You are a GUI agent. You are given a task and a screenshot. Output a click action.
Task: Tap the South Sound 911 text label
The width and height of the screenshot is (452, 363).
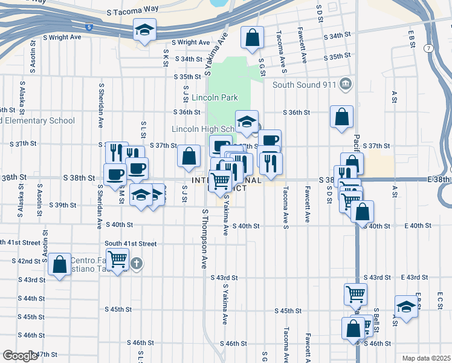click(303, 85)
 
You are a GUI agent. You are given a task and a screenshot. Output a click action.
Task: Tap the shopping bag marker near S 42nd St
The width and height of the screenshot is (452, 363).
click(59, 265)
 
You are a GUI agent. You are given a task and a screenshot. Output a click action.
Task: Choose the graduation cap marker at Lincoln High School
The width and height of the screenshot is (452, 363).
click(247, 122)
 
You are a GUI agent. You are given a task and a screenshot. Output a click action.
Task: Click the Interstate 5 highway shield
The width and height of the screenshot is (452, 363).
click(89, 27)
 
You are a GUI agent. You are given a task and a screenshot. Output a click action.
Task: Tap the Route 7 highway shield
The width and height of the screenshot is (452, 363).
click(428, 48)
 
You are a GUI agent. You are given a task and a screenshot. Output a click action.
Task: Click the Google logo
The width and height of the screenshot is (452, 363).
click(20, 356)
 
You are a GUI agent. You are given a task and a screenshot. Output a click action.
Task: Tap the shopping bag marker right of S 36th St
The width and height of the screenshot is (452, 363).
click(342, 117)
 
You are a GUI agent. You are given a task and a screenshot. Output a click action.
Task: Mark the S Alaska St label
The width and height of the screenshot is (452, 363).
click(22, 97)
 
